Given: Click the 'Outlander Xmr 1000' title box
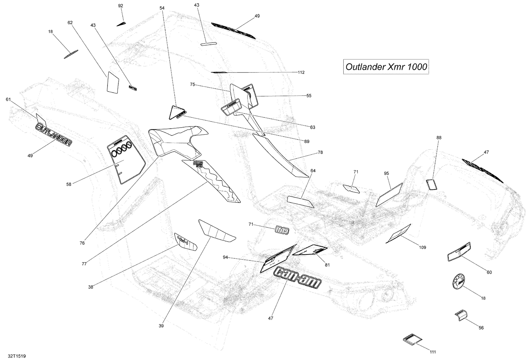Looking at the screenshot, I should (x=386, y=67).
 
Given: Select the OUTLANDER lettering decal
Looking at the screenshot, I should (x=54, y=134).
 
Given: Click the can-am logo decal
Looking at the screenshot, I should (x=298, y=277).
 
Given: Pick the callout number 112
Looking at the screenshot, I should (x=301, y=73).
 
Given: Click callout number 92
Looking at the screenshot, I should (x=121, y=6).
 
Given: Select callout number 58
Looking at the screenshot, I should (x=69, y=184).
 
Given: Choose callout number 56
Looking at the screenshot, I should (x=481, y=328).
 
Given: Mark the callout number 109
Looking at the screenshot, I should (x=422, y=247).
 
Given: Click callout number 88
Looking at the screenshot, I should (x=439, y=137).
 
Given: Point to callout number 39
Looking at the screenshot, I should (x=161, y=326).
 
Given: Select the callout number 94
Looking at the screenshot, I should (x=225, y=257).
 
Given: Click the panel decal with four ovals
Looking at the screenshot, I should (x=126, y=158).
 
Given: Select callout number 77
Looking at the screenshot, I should (x=84, y=264).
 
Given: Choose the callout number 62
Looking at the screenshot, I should (x=70, y=22).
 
